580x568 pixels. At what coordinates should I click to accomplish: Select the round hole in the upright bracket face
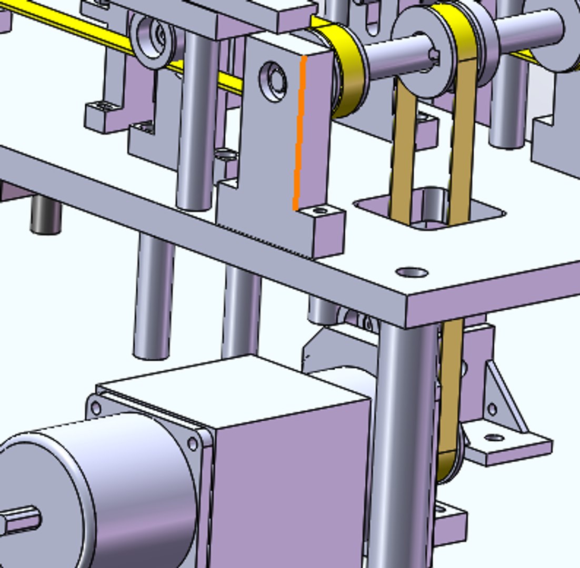273,82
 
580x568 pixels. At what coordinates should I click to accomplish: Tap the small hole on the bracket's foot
319,211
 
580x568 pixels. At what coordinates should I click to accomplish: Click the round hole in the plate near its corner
411,272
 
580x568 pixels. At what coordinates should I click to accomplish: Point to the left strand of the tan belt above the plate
403,153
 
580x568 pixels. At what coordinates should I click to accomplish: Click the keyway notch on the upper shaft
434,54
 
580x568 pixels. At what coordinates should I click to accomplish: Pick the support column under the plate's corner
403,447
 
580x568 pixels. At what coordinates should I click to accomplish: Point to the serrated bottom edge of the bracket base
263,239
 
